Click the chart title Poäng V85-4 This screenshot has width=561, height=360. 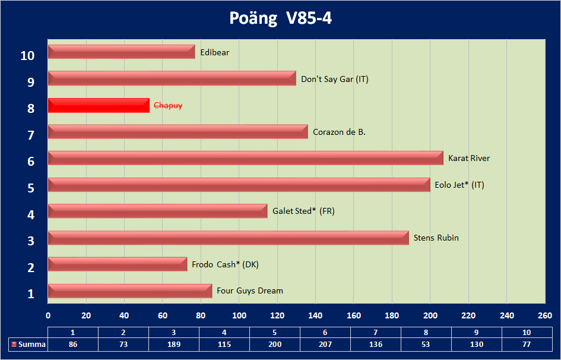(x=280, y=18)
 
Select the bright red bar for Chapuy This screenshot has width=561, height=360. (x=99, y=106)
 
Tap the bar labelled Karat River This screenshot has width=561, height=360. (x=245, y=158)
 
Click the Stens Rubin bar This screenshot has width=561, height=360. (x=228, y=238)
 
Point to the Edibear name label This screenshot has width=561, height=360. (x=215, y=52)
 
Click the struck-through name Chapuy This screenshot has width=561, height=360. (x=168, y=106)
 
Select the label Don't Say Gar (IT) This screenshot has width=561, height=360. (x=335, y=79)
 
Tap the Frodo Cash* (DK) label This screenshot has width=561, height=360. (x=225, y=264)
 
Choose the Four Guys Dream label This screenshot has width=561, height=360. (x=250, y=290)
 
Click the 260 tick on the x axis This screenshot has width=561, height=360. (x=545, y=315)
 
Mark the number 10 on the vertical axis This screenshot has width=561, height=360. (x=27, y=56)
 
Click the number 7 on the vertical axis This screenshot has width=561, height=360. (x=31, y=135)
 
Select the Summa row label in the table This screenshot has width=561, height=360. (x=32, y=345)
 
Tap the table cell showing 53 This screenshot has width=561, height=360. (x=426, y=345)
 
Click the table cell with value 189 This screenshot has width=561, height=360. (x=174, y=345)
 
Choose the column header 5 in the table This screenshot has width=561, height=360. (x=275, y=332)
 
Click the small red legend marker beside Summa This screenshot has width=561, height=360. (x=14, y=345)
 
